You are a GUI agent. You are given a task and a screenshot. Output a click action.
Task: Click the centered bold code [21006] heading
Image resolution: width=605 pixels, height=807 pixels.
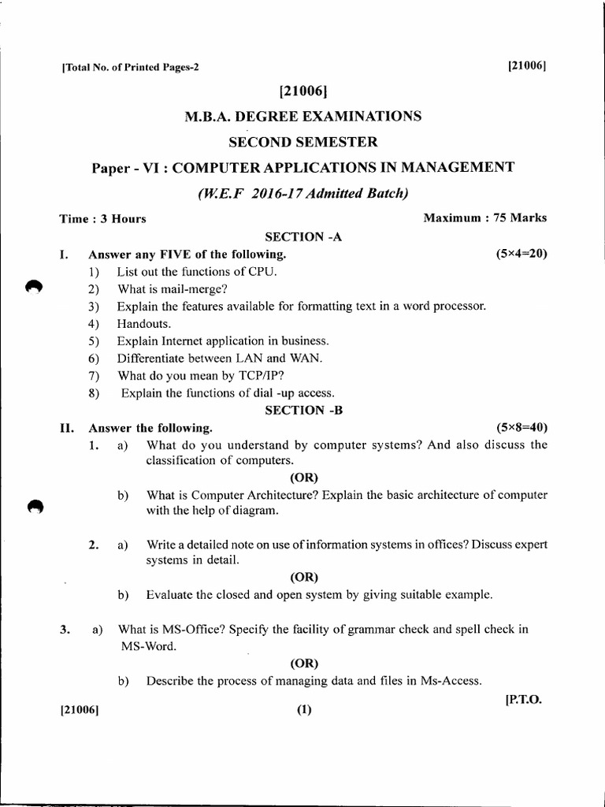303,91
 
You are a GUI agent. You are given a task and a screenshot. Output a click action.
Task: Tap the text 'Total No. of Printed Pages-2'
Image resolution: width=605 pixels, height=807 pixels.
129,67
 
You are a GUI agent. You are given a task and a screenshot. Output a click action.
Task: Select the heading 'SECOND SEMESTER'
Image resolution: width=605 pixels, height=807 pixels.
302,142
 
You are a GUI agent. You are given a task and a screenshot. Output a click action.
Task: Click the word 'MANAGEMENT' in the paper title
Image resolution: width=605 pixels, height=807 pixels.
447,167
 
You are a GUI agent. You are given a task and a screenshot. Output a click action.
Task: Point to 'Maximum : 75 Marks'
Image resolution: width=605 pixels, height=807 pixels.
485,218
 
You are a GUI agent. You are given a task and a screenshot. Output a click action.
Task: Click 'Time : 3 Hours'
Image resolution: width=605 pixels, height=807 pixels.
102,219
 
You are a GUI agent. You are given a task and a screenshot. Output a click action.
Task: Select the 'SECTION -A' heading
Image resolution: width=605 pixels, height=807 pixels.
303,236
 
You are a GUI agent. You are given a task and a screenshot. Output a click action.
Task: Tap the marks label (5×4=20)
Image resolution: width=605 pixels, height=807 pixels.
521,254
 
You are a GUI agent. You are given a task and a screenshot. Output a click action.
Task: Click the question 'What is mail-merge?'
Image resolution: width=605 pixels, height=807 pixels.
172,288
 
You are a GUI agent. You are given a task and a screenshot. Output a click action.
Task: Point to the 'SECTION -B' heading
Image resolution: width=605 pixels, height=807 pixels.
303,410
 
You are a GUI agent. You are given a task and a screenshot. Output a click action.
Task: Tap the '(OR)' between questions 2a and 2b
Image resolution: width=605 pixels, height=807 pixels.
303,577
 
